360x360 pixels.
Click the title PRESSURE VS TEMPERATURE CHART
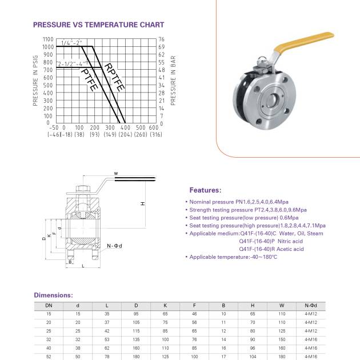[98, 25]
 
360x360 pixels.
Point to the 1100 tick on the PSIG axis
[48, 39]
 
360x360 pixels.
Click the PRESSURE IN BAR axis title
[173, 81]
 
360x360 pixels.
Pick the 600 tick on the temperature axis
[154, 127]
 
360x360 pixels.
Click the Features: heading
[205, 190]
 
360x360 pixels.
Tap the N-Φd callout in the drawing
[115, 246]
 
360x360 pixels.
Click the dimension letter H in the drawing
[142, 203]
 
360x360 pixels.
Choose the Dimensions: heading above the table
[53, 295]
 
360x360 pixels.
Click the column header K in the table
[165, 306]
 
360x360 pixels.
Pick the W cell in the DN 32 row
[282, 339]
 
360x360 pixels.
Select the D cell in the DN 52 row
[136, 356]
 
